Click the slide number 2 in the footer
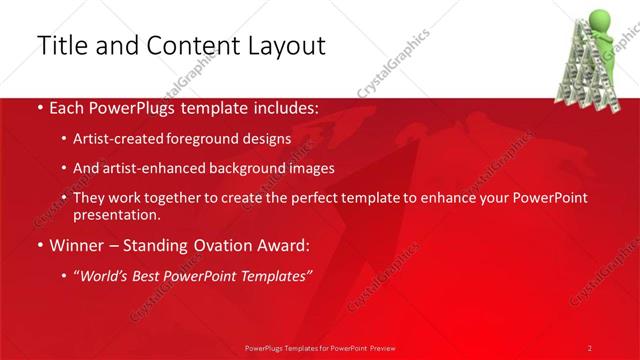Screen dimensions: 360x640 click(x=589, y=347)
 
